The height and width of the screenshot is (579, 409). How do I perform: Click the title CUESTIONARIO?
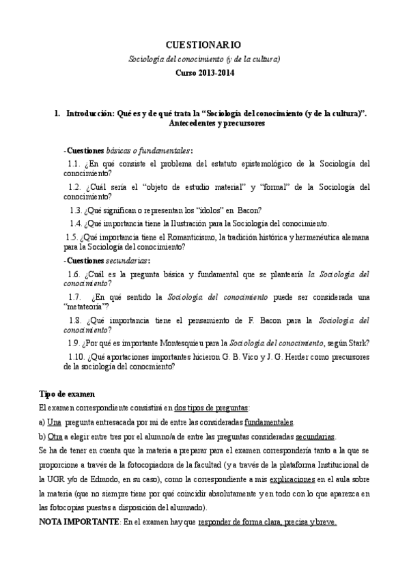pos(203,44)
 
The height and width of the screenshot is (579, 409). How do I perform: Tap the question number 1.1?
pos(75,164)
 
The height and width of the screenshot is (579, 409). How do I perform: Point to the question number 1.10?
pos(77,356)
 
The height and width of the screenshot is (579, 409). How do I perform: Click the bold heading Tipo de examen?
pos(67,394)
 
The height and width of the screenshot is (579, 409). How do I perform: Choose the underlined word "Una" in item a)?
pos(55,422)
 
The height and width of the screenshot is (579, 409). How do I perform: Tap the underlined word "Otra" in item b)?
pos(55,437)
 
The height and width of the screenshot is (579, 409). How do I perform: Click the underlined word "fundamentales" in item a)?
pos(269,422)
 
